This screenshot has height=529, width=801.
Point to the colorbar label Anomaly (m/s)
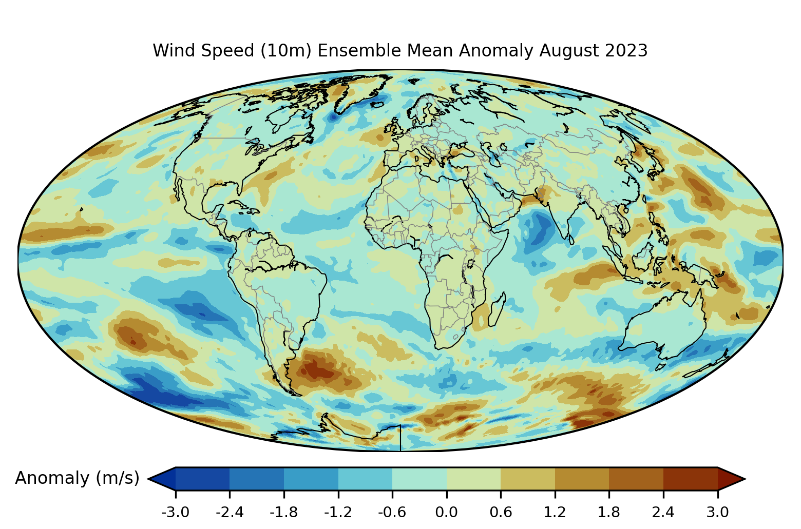pyautogui.click(x=77, y=478)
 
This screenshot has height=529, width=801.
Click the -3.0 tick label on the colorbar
pyautogui.click(x=176, y=512)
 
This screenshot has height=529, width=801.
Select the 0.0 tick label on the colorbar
pyautogui.click(x=446, y=512)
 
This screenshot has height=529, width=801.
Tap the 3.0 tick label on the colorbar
pyautogui.click(x=717, y=512)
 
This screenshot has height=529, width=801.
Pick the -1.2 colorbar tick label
pyautogui.click(x=338, y=512)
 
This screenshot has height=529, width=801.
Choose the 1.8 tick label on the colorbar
pyautogui.click(x=609, y=512)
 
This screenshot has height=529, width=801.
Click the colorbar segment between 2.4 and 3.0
pyautogui.click(x=690, y=479)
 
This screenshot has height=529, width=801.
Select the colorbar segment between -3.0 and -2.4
pyautogui.click(x=202, y=479)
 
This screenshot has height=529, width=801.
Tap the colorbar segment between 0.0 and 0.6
pyautogui.click(x=473, y=479)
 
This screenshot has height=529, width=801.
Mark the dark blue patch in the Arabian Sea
pyautogui.click(x=539, y=231)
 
